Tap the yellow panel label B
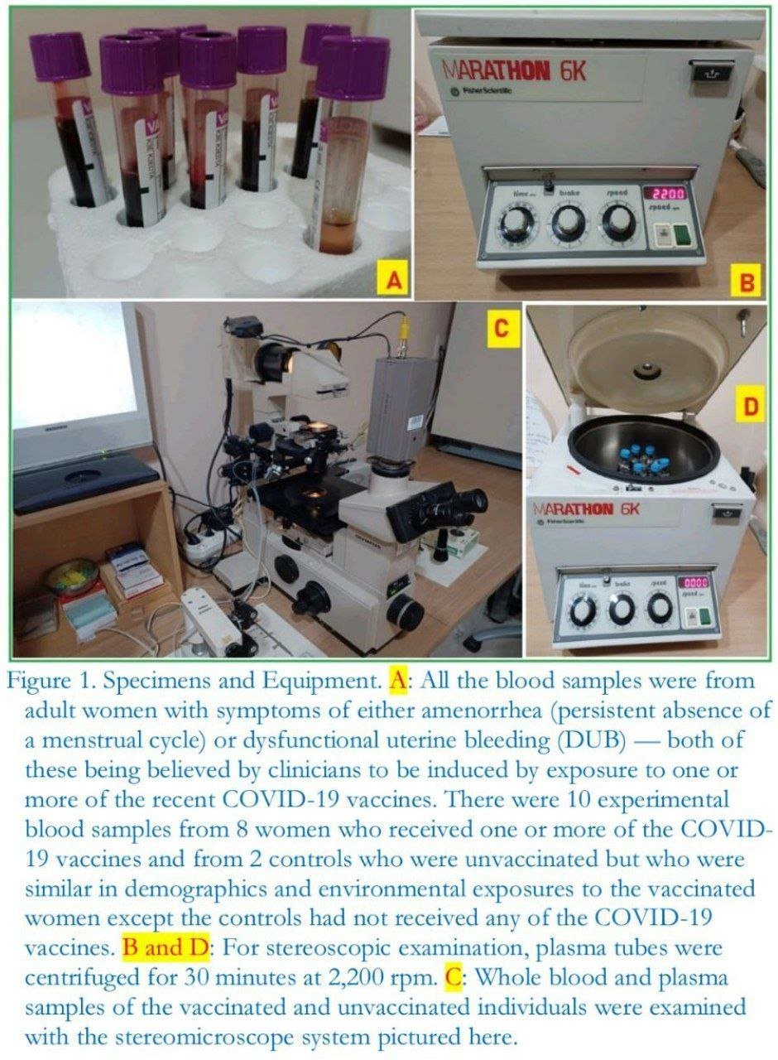click(x=747, y=282)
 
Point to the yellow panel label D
click(x=750, y=407)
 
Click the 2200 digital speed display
click(x=668, y=193)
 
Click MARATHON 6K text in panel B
click(x=514, y=72)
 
